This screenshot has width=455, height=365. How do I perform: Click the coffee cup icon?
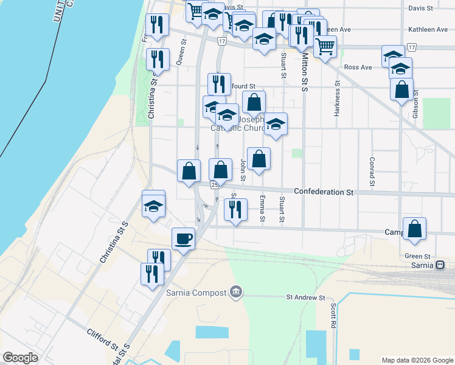(x=183, y=238)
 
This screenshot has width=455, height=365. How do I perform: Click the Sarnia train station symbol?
(x=439, y=265)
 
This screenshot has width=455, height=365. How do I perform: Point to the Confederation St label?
(x=323, y=192)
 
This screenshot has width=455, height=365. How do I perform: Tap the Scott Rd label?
(x=333, y=316)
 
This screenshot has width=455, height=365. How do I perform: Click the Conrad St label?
(x=371, y=172)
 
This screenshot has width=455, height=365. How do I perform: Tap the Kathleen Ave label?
(x=428, y=29)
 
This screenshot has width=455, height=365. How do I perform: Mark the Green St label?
(x=417, y=256)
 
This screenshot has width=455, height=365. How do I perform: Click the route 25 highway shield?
(x=214, y=184)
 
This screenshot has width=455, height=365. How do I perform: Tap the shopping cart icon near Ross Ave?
(x=325, y=46)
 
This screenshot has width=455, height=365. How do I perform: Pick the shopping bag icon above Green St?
(x=414, y=230)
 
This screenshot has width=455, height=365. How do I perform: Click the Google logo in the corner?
(x=20, y=358)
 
